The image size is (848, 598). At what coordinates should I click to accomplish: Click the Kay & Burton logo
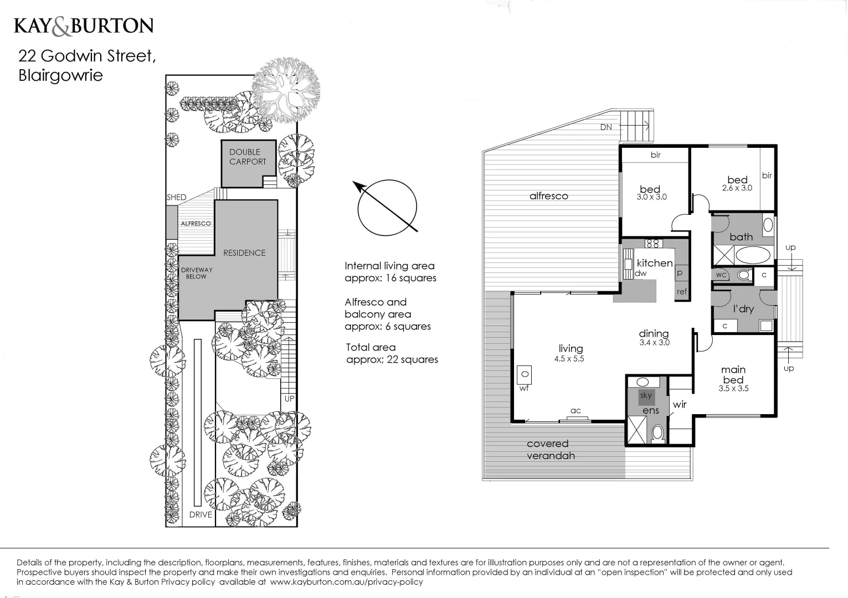[84, 26]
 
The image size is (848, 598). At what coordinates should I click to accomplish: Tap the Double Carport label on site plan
[248, 157]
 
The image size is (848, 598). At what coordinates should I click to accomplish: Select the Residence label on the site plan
[244, 252]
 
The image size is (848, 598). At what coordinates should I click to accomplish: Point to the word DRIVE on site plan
[201, 514]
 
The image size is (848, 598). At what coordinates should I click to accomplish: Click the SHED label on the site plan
[176, 197]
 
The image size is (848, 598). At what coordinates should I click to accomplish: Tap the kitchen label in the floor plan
[654, 263]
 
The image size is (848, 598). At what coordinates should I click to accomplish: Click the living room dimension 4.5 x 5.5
[569, 359]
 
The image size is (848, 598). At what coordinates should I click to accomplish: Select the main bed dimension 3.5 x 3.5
[733, 389]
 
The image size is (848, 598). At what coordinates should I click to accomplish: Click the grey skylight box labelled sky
[646, 396]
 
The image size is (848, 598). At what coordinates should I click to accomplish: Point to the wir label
[680, 405]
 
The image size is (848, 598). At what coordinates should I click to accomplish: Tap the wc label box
[721, 275]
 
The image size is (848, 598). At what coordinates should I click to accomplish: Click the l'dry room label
[743, 308]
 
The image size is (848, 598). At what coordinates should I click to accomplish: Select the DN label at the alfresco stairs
[607, 127]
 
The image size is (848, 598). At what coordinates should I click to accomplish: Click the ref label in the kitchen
[681, 291]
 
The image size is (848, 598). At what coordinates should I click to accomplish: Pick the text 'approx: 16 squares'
[390, 278]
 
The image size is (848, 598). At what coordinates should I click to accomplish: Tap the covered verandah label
[551, 450]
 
